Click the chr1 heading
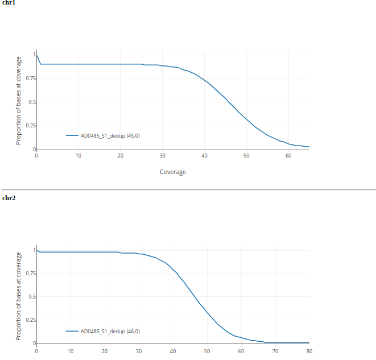[9, 3]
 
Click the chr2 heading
[9, 198]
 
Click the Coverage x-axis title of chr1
[172, 172]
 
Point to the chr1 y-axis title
[19, 100]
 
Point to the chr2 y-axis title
[19, 296]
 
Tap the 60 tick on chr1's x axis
[288, 156]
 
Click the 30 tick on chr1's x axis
[162, 156]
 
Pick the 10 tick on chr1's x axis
[78, 156]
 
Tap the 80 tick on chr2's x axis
[309, 351]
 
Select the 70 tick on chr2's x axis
[275, 351]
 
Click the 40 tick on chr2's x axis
[173, 351]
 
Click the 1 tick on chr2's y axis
[34, 250]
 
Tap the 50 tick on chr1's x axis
[246, 156]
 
